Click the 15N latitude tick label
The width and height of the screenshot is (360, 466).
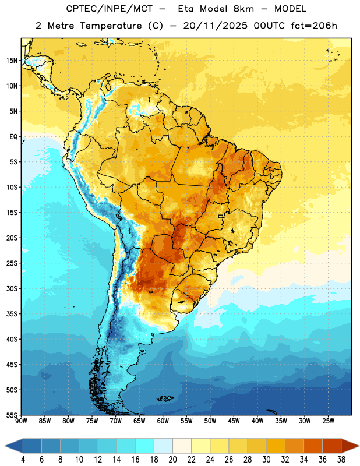12,61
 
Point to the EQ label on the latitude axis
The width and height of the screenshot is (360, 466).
13,137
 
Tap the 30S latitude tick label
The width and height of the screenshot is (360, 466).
12,288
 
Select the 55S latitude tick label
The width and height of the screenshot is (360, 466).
12,415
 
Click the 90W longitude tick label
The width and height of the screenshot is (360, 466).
21,421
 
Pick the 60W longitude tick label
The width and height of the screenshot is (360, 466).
163,421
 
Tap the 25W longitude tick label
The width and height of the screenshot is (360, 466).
328,421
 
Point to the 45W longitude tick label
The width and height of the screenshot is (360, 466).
234,421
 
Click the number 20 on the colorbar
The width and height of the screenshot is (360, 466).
172,460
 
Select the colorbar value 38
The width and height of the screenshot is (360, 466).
341,460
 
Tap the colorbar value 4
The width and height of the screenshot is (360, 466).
23,460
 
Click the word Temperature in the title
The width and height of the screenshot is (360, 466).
111,26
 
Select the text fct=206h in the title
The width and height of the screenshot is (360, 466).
314,26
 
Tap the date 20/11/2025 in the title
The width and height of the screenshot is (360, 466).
215,26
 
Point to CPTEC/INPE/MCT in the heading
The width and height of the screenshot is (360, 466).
109,9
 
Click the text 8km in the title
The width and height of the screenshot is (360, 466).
243,9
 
